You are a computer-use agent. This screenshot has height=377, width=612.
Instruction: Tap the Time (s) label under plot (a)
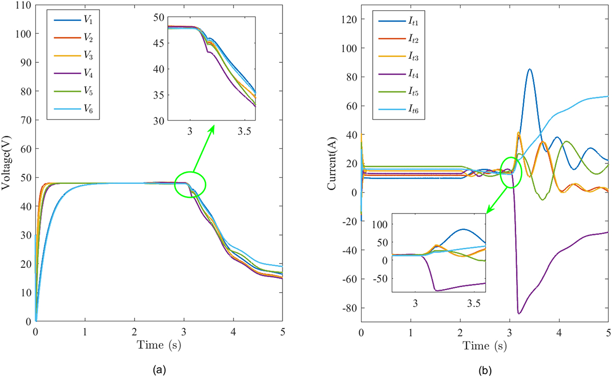click(x=159, y=344)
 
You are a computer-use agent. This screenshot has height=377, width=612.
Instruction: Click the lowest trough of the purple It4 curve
click(x=519, y=313)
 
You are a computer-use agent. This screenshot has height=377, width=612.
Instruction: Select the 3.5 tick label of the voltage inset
click(x=246, y=131)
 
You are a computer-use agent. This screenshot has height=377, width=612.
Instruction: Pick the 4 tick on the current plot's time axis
click(x=559, y=331)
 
